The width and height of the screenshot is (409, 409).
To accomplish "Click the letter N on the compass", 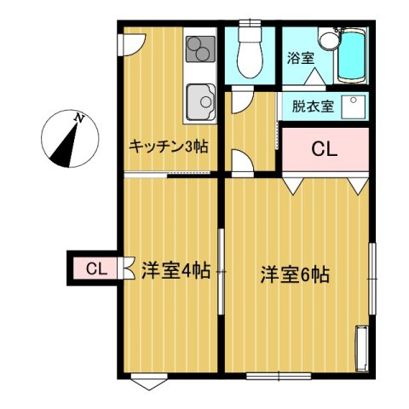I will [x=78, y=118].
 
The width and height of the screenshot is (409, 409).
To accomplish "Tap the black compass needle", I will [x=61, y=145].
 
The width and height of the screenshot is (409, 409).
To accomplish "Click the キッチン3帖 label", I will [x=168, y=146].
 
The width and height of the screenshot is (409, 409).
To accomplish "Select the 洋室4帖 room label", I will [x=176, y=271].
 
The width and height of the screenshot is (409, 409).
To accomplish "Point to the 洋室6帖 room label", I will [x=295, y=274].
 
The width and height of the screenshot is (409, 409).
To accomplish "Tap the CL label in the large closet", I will [x=324, y=150].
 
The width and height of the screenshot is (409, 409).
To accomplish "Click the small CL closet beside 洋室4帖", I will [x=95, y=269].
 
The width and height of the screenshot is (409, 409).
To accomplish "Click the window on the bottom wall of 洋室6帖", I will [x=279, y=375].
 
